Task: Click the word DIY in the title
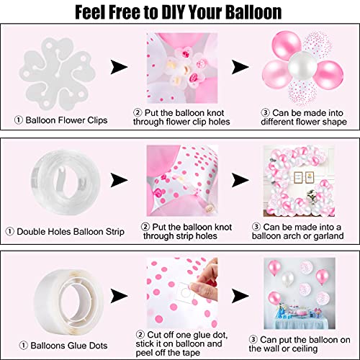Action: pyautogui.click(x=173, y=12)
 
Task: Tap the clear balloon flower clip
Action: pyautogui.click(x=57, y=73)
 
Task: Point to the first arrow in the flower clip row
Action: pyautogui.click(x=119, y=67)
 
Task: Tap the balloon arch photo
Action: pyautogui.click(x=299, y=181)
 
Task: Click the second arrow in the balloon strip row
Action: pyautogui.click(x=240, y=180)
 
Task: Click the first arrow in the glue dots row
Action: pyautogui.click(x=119, y=296)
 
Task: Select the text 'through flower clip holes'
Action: pyautogui.click(x=181, y=122)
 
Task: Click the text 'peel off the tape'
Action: pyautogui.click(x=168, y=353)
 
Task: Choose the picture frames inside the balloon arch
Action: pyautogui.click(x=304, y=178)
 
